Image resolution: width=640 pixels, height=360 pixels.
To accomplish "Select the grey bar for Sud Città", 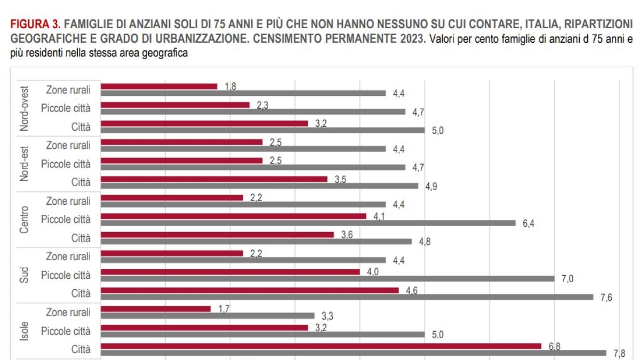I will tap(347, 297).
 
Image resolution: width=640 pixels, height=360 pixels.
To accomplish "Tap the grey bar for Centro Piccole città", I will tap(308, 222).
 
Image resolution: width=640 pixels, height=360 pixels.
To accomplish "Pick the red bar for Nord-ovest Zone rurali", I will tap(159, 86).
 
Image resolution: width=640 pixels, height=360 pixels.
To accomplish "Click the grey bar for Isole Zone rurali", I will tap(207, 316).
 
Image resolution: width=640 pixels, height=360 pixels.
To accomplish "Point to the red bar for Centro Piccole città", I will tap(234, 216).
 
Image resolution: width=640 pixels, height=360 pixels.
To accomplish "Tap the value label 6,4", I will tap(528, 223).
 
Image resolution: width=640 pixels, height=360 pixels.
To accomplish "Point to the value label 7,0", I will tap(566, 278).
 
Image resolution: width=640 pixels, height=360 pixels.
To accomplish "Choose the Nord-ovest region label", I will tap(25, 108).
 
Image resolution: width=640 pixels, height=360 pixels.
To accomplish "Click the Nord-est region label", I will tap(25, 164).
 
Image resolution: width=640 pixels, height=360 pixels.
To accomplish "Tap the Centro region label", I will tap(25, 220).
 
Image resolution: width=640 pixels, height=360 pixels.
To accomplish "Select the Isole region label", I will tap(25, 331).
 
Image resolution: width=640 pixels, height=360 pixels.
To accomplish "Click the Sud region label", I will tap(25, 276).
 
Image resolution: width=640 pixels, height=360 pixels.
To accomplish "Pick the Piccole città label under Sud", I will tap(66, 275).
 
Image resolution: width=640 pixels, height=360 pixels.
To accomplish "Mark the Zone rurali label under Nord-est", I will tap(68, 145).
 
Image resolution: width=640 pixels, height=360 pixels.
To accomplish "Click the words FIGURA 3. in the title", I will tap(35, 24).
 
